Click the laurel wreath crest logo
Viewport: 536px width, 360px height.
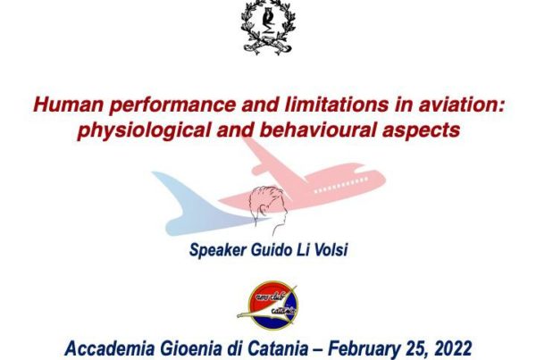[268, 27]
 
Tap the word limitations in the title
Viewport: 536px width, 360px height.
[337, 105]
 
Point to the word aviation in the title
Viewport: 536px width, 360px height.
[462, 105]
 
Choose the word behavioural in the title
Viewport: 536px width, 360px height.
[317, 130]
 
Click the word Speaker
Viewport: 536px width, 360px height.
[218, 250]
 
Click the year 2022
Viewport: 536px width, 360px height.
[453, 348]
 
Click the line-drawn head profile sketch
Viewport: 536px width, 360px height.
[269, 210]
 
